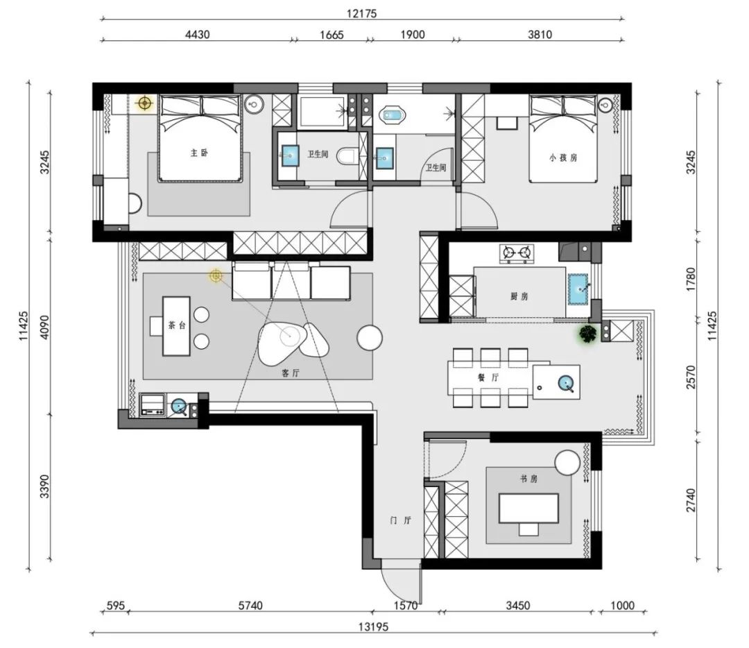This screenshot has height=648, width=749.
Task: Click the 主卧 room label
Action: tap(199, 153)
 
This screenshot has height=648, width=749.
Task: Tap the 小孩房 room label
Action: tap(562, 157)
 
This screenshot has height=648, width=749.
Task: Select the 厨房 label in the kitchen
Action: tap(519, 296)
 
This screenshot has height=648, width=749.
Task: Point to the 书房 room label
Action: tap(528, 478)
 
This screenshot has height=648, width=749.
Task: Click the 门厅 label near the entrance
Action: tap(400, 520)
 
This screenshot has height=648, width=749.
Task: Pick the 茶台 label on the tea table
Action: tap(177, 325)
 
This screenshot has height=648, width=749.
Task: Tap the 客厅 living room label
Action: tap(291, 373)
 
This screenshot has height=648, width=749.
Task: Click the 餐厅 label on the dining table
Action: tap(488, 377)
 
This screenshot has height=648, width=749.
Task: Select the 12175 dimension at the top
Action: tap(361, 13)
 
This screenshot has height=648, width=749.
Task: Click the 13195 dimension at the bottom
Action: tap(374, 626)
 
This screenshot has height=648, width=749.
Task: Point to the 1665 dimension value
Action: tap(332, 35)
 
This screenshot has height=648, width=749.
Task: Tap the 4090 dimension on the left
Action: tap(44, 327)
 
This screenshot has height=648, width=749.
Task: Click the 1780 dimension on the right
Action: tap(691, 279)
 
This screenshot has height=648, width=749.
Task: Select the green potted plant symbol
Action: tap(588, 334)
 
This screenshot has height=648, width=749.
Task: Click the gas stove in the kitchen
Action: tap(517, 253)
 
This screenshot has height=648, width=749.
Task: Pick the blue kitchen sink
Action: tap(578, 289)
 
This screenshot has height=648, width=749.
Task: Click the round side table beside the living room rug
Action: tap(370, 338)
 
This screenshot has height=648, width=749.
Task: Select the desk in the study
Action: tap(528, 509)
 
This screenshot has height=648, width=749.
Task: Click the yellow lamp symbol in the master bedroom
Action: tap(144, 103)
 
